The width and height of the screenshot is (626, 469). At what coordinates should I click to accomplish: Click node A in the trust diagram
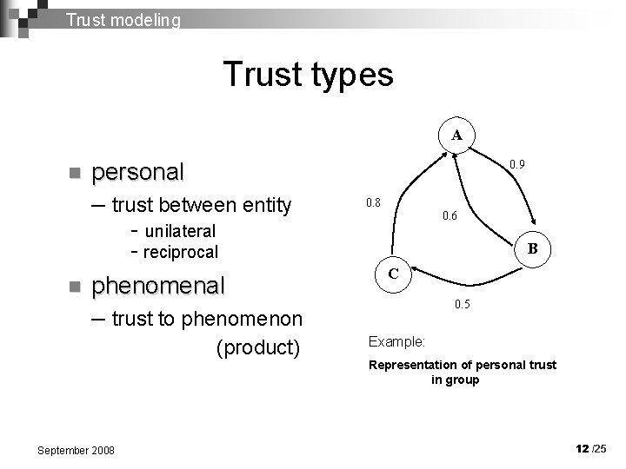pyautogui.click(x=456, y=135)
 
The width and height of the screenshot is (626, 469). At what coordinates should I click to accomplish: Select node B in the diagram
pyautogui.click(x=533, y=248)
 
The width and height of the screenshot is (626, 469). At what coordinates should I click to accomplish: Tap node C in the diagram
pyautogui.click(x=393, y=274)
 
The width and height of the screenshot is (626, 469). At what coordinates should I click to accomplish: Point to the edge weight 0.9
pyautogui.click(x=516, y=163)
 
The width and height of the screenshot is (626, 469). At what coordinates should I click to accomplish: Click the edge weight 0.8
pyautogui.click(x=373, y=202)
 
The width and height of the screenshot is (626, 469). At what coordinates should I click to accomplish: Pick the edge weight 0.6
pyautogui.click(x=450, y=215)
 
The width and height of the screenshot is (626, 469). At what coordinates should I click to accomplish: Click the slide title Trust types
pyautogui.click(x=308, y=75)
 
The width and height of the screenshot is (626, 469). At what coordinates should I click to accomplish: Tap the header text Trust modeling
pyautogui.click(x=123, y=19)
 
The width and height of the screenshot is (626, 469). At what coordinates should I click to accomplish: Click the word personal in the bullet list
pyautogui.click(x=137, y=172)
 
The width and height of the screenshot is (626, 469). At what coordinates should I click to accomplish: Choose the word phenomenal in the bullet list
pyautogui.click(x=157, y=285)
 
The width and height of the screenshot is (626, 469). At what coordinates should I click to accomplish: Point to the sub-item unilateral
pyautogui.click(x=180, y=231)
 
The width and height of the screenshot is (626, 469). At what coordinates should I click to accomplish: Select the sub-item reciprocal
pyautogui.click(x=180, y=253)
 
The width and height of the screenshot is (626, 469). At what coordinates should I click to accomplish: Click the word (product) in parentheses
pyautogui.click(x=257, y=347)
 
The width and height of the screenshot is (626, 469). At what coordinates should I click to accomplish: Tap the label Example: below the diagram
pyautogui.click(x=396, y=342)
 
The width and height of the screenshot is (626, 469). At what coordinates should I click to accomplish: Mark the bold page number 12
pyautogui.click(x=582, y=448)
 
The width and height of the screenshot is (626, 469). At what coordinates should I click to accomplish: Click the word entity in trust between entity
pyautogui.click(x=262, y=205)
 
